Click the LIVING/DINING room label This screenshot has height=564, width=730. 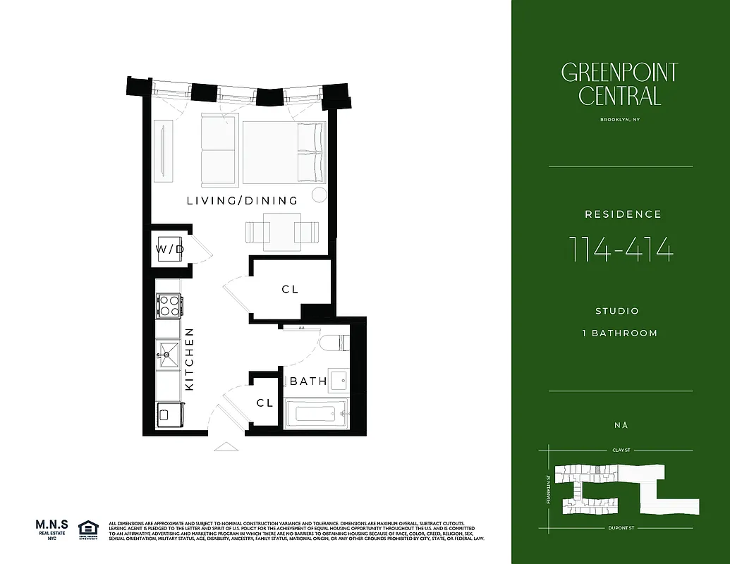tap(242, 201)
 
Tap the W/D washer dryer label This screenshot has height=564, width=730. tap(170, 250)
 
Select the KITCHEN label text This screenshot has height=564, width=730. tap(190, 360)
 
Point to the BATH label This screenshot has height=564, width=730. tap(308, 381)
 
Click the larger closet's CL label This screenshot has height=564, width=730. tap(290, 289)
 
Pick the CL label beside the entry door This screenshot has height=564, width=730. tap(264, 403)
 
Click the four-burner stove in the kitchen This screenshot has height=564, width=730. tap(169, 305)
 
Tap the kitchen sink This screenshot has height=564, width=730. tap(169, 352)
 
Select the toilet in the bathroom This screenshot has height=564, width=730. tap(331, 343)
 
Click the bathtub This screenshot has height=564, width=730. tap(315, 413)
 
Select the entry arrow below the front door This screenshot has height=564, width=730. tap(226, 446)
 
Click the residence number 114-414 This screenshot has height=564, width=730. tap(620, 250)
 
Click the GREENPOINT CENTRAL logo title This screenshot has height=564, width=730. tap(620, 84)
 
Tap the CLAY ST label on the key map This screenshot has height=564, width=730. tap(620, 449)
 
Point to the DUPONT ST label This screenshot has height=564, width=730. tap(620, 528)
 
